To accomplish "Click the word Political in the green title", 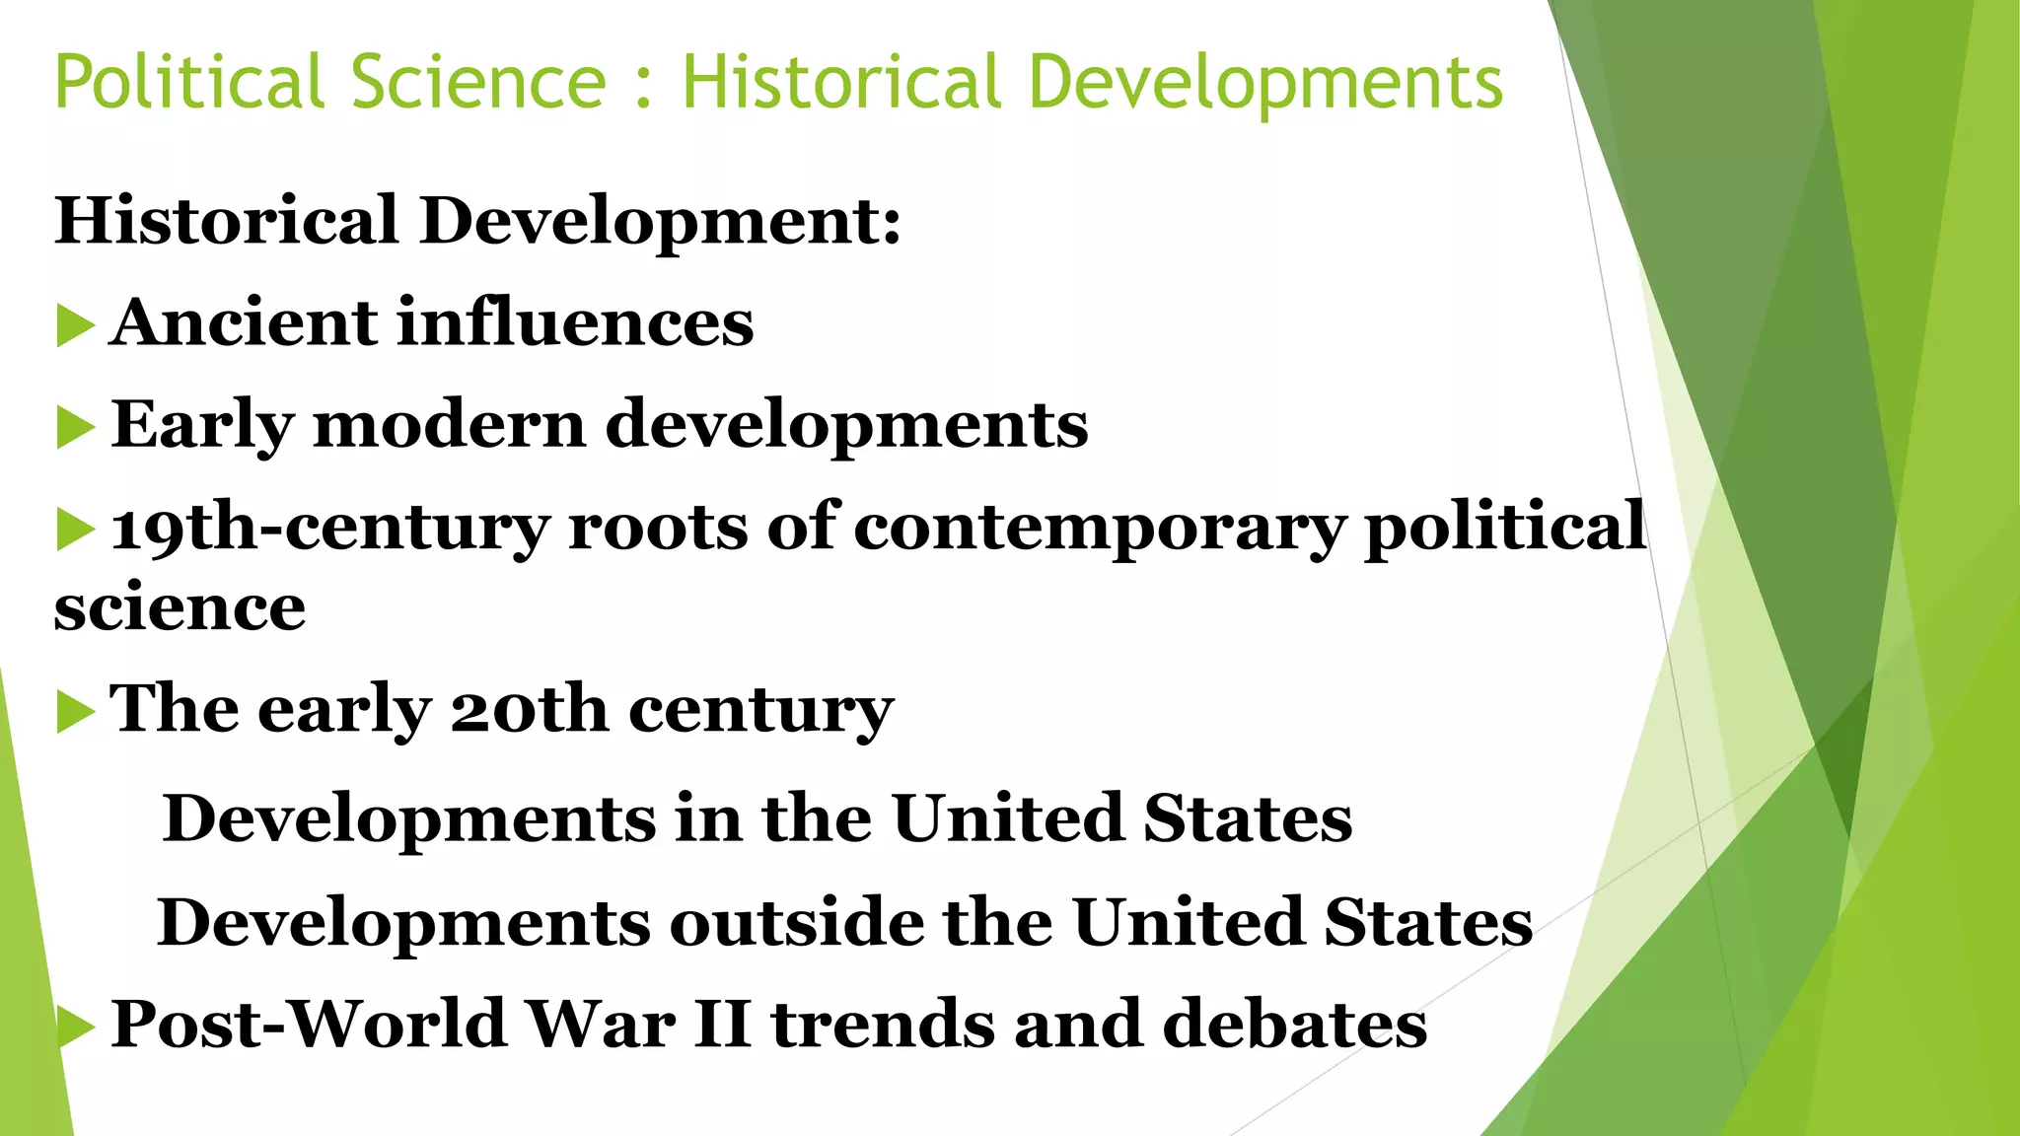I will pyautogui.click(x=188, y=82).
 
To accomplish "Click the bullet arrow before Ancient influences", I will pyautogui.click(x=75, y=326).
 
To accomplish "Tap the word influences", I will pyautogui.click(x=575, y=323).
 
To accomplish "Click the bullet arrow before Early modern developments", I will pyautogui.click(x=75, y=428).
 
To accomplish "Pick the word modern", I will pyautogui.click(x=449, y=425).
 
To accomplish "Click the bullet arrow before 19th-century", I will pyautogui.click(x=75, y=530).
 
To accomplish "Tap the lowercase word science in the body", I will pyautogui.click(x=180, y=606).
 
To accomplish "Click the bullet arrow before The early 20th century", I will pyautogui.click(x=75, y=712).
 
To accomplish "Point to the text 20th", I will pyautogui.click(x=529, y=709).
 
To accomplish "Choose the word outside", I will pyautogui.click(x=796, y=923).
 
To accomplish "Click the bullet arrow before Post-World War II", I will pyautogui.click(x=75, y=1028).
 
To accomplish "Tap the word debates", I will pyautogui.click(x=1294, y=1024).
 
